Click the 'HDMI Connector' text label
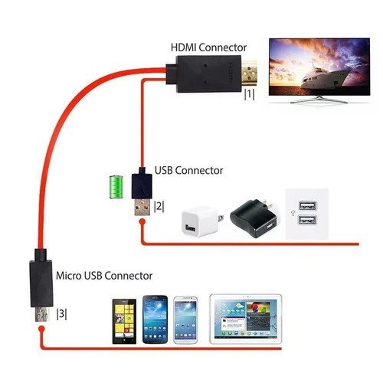[208, 48]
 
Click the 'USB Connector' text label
[189, 171]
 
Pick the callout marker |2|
[159, 206]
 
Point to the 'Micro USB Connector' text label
[103, 274]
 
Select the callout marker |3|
[62, 313]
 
